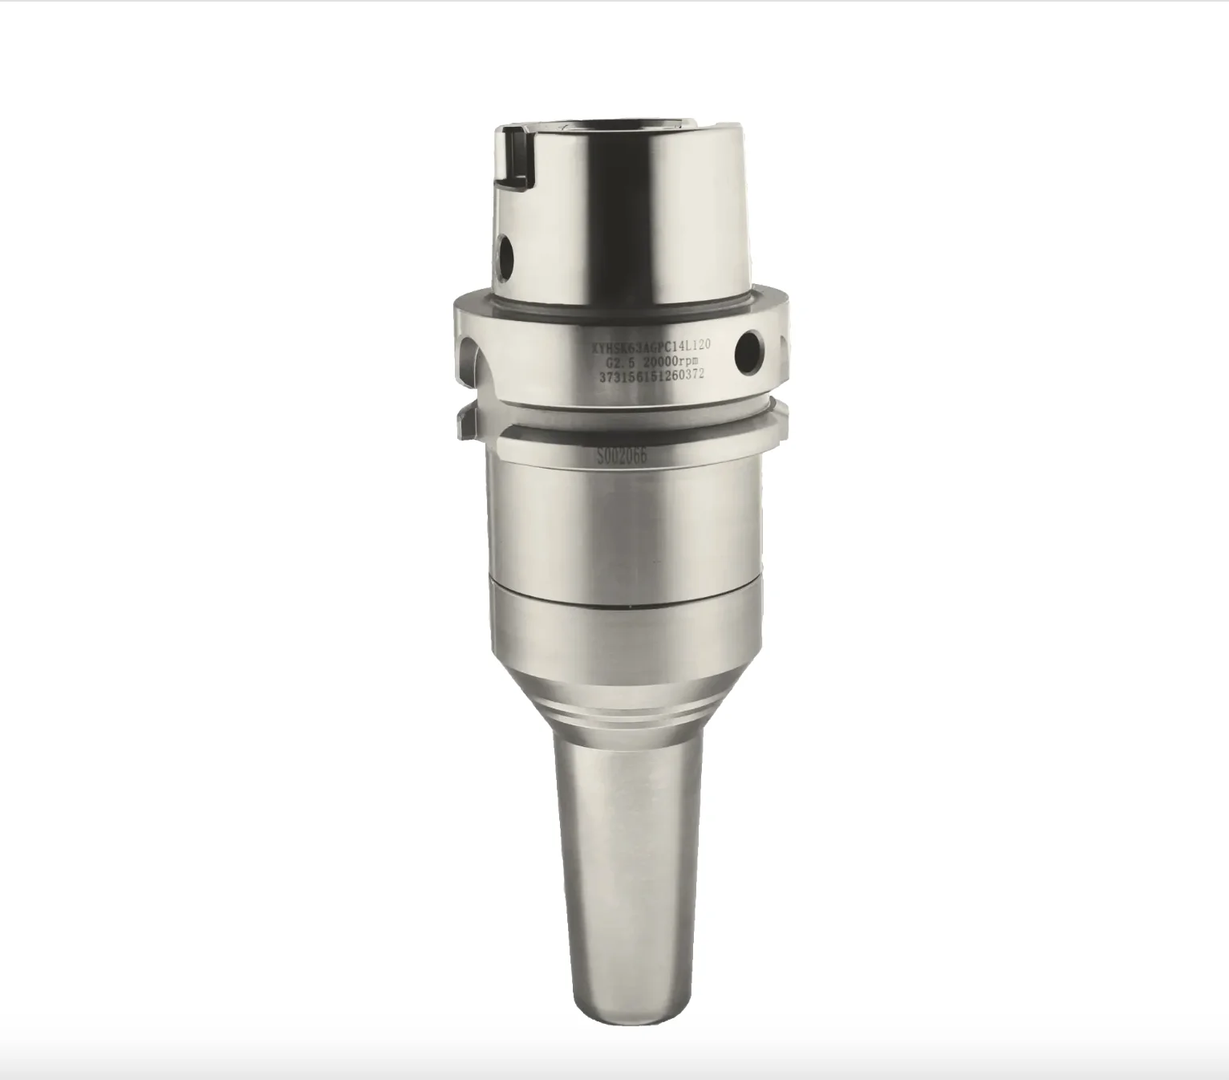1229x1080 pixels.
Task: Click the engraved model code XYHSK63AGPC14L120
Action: (650, 347)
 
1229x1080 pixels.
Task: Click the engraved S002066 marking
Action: (621, 457)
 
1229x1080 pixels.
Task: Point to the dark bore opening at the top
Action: (626, 124)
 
